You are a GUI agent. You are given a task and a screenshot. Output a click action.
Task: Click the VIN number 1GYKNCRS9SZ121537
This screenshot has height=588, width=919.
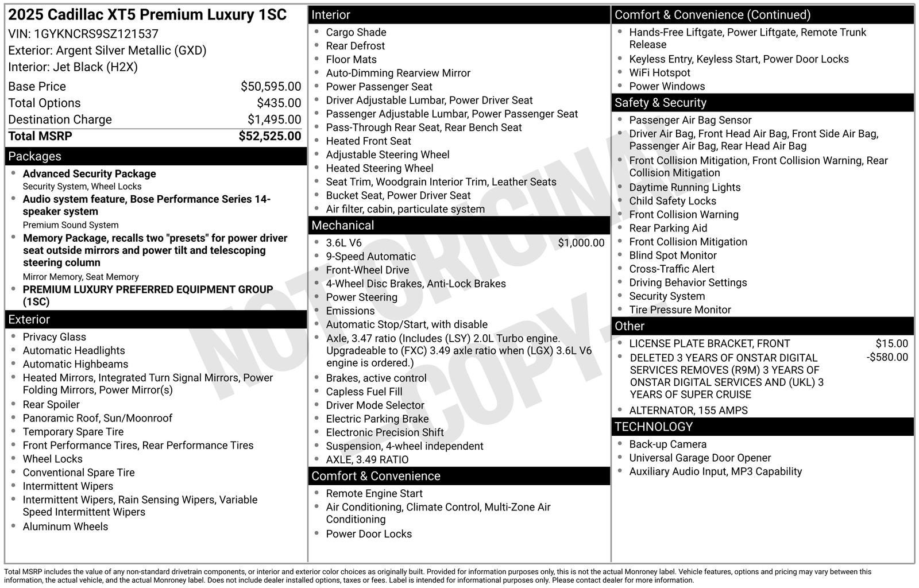[x=96, y=34]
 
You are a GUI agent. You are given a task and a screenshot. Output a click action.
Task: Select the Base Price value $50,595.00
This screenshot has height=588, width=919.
[x=271, y=87]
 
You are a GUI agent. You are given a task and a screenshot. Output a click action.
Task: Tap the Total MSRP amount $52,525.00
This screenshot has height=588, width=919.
[x=269, y=136]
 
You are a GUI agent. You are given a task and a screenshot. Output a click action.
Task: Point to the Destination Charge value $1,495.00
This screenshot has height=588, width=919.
[x=274, y=119]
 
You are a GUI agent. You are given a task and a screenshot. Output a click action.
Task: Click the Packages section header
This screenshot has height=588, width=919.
[x=34, y=156]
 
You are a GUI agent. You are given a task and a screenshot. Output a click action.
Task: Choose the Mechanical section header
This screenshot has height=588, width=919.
[x=342, y=226]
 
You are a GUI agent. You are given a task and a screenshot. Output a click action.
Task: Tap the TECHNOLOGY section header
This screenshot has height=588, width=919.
[x=653, y=427]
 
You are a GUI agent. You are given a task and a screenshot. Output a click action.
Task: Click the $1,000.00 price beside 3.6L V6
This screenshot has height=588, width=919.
[x=581, y=243]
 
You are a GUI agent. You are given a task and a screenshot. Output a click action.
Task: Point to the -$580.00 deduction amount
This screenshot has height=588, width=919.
[x=887, y=357]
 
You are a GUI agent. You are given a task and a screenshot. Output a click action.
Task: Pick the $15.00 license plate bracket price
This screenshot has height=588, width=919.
[x=891, y=343]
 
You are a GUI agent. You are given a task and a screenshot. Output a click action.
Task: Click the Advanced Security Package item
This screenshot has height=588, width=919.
[x=89, y=174]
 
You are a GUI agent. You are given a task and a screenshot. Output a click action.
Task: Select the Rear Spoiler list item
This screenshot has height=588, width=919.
[x=51, y=404]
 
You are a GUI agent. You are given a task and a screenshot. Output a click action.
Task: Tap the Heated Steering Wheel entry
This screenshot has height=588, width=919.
[x=379, y=168]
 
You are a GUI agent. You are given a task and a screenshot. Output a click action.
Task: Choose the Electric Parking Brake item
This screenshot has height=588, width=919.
[x=377, y=419]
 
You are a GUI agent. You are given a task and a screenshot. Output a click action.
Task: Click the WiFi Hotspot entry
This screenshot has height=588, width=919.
[x=659, y=73]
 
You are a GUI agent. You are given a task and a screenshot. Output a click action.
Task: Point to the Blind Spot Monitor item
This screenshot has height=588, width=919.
[x=673, y=256]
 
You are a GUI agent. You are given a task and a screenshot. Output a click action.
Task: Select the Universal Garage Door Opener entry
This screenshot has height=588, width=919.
[x=700, y=458]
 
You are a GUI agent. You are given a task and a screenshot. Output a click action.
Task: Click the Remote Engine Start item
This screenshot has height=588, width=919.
[x=374, y=493]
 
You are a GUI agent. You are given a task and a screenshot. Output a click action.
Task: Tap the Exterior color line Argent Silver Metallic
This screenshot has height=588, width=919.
[x=107, y=51]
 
